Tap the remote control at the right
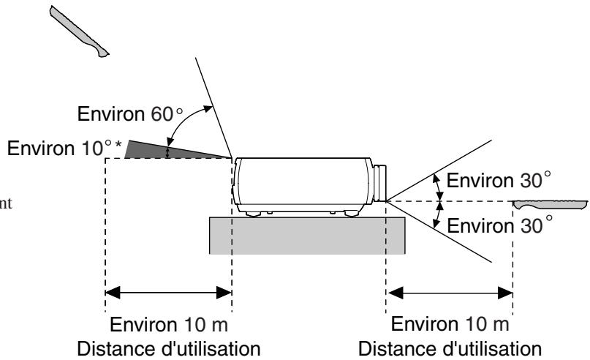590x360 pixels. pos(551,204)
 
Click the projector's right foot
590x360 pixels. pos(352,214)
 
